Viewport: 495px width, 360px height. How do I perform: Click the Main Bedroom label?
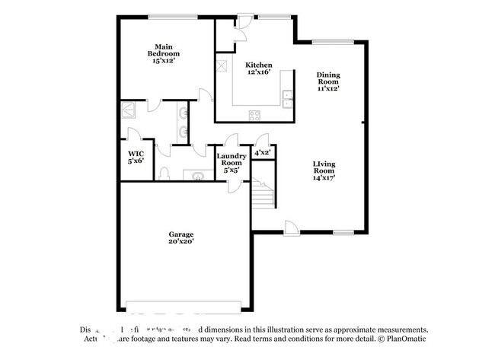[164, 50]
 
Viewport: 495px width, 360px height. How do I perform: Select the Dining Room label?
[328, 78]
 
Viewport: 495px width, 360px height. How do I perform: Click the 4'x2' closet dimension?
[263, 152]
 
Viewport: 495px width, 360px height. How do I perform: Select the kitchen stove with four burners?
[254, 116]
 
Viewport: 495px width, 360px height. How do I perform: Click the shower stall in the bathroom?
[129, 111]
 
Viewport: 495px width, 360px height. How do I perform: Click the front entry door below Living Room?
[292, 226]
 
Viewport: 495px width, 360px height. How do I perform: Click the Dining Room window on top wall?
[334, 42]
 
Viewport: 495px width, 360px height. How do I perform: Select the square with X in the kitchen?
[222, 65]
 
